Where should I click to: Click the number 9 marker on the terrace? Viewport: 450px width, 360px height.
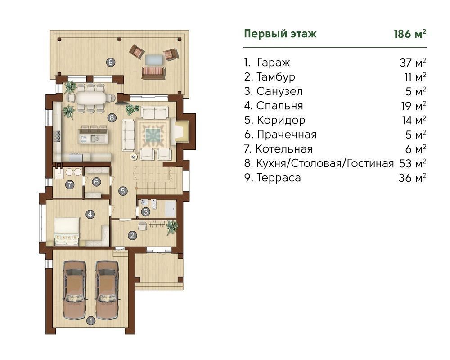click(111, 62)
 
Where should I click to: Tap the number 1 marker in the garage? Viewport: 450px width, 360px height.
click(91, 320)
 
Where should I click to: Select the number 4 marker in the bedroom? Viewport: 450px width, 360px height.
click(90, 214)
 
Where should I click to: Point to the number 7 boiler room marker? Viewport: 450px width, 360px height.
click(70, 185)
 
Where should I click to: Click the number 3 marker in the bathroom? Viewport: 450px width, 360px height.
click(145, 212)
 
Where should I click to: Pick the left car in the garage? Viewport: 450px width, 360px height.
click(74, 290)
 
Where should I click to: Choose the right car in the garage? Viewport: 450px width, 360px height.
click(107, 290)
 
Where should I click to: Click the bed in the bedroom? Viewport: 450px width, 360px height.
click(67, 231)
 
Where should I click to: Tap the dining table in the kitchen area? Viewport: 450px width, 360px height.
click(91, 98)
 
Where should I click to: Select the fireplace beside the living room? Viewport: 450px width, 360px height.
click(180, 131)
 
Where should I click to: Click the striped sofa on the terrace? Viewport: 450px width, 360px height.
click(153, 73)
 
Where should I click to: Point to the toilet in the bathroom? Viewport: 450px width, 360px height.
click(154, 204)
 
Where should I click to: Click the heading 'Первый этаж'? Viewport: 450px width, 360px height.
click(280, 34)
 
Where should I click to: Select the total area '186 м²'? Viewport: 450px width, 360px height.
click(410, 34)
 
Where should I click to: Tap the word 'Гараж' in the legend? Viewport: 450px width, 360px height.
click(274, 63)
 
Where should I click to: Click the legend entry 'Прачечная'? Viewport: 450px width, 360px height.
click(287, 135)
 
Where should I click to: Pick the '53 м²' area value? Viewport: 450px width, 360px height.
click(412, 163)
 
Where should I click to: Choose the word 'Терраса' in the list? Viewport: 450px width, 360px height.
click(279, 178)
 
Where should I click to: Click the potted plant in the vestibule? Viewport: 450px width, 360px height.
click(171, 227)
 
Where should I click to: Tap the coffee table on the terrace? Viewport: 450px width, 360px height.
click(154, 60)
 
